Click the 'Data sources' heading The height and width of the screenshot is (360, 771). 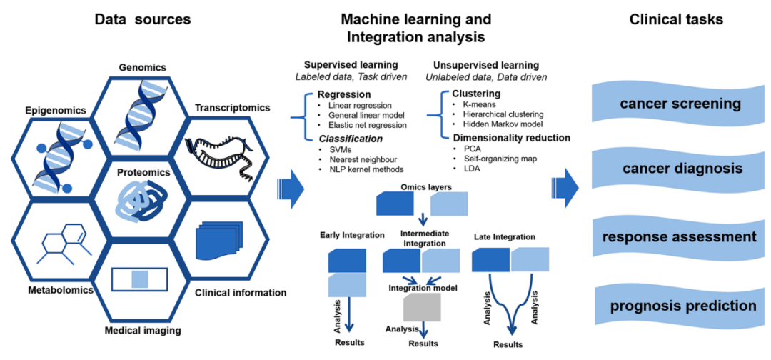(x=142, y=20)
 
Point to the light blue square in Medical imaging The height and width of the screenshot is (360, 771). (x=140, y=280)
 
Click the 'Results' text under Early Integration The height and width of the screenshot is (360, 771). (x=350, y=342)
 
